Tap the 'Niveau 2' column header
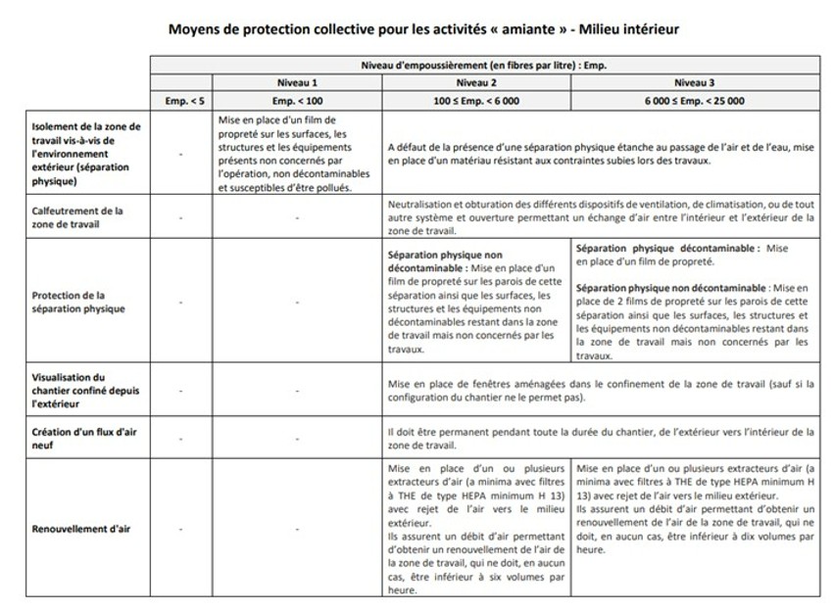[x=475, y=82]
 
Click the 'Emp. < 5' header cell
[x=180, y=100]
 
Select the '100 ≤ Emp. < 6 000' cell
[x=475, y=100]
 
